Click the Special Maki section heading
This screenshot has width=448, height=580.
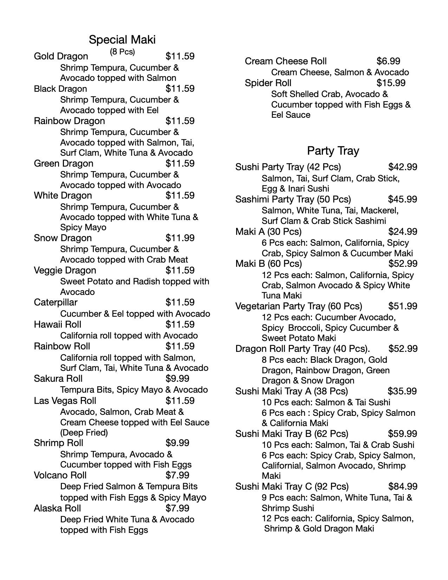click(x=122, y=39)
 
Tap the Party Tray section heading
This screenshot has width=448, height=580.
click(x=333, y=151)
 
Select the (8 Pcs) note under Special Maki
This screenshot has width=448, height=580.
click(x=122, y=52)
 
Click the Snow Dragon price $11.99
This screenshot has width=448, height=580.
click(x=180, y=238)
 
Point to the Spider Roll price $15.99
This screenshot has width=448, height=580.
click(x=391, y=83)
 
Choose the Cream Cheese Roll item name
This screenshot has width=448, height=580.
click(x=286, y=61)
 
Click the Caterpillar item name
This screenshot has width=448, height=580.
click(x=56, y=302)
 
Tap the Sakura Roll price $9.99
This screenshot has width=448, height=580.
click(x=177, y=379)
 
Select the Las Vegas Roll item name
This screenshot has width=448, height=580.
click(x=65, y=401)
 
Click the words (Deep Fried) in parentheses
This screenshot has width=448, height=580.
click(x=84, y=432)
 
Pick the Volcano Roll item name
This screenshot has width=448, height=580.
click(x=60, y=475)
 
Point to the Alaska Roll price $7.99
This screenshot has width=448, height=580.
click(x=177, y=508)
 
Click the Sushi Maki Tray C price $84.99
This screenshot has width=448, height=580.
click(x=403, y=486)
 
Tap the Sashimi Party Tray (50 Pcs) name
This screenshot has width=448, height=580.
click(x=293, y=199)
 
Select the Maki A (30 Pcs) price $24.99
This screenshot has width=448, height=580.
click(x=403, y=232)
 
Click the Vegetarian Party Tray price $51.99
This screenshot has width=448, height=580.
click(x=403, y=306)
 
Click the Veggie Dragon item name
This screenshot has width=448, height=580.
click(x=65, y=270)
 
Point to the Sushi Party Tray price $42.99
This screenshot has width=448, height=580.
click(x=403, y=167)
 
